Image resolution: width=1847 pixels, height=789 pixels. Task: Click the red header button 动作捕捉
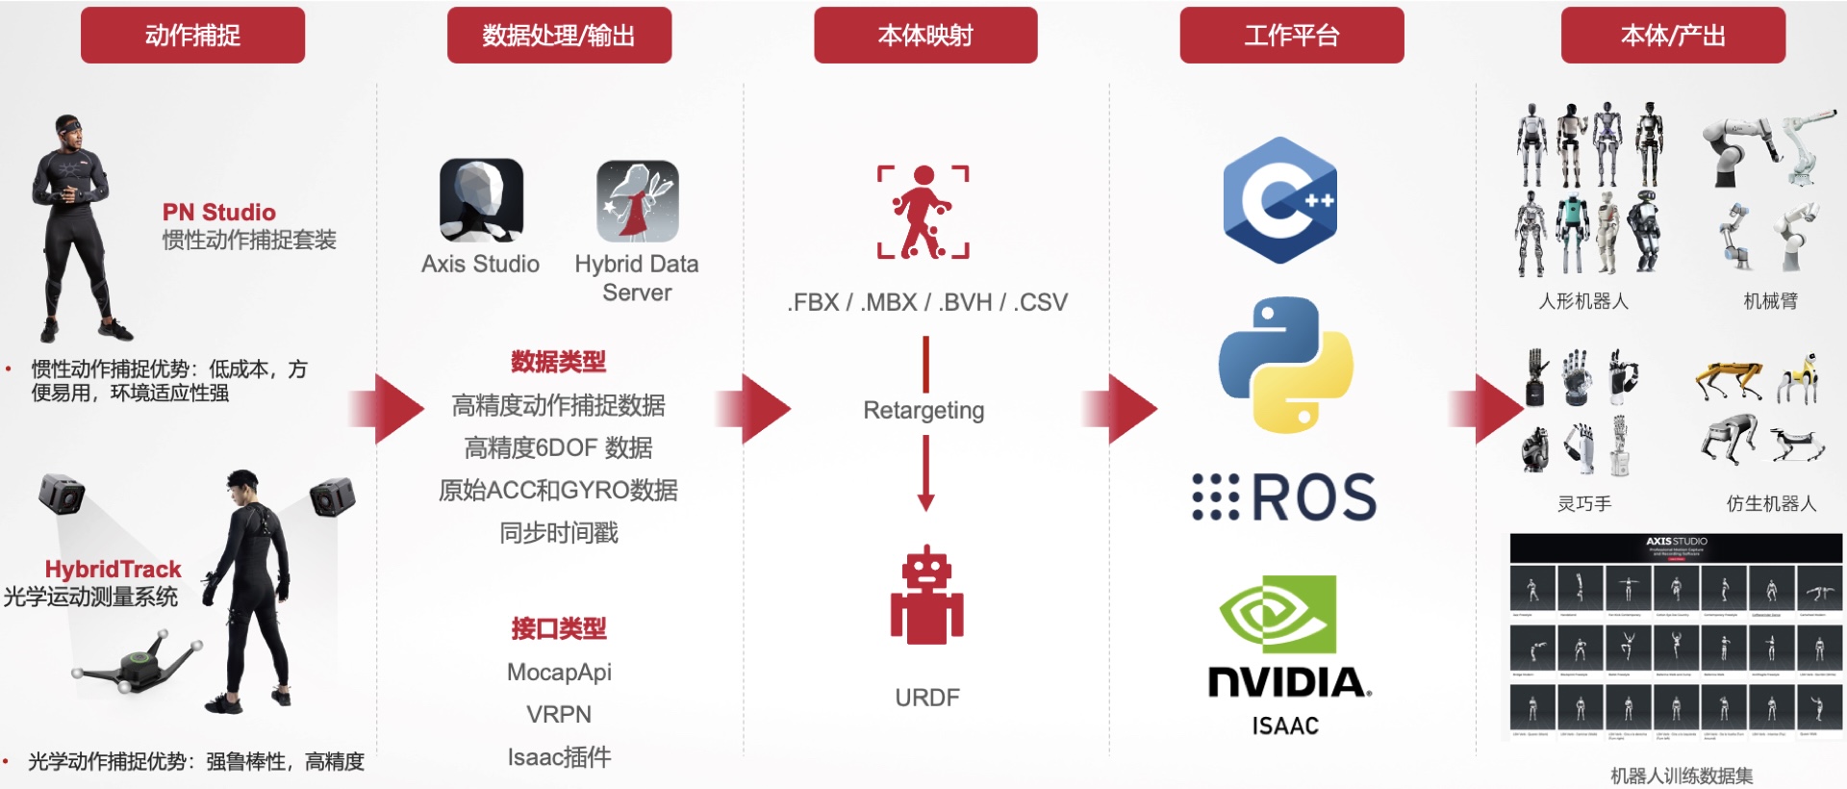[x=192, y=36]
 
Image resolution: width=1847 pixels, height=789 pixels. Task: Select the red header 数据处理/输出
[x=559, y=36]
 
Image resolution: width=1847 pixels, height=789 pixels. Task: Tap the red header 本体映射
[x=925, y=36]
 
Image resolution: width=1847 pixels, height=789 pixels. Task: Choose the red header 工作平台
[x=1292, y=36]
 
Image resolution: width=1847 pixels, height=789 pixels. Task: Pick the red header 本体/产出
[x=1673, y=36]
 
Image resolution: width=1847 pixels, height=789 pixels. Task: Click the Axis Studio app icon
[x=481, y=200]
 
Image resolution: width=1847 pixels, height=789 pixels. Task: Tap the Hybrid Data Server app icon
[x=637, y=200]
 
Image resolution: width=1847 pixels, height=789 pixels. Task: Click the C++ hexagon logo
[x=1280, y=200]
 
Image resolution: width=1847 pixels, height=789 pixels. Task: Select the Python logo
[x=1286, y=365]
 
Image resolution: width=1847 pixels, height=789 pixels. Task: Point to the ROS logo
[x=1284, y=497]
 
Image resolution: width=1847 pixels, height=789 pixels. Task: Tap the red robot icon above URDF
[x=926, y=596]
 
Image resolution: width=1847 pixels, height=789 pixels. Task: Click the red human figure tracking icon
[x=923, y=212]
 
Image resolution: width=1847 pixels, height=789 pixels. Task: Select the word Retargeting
[x=923, y=411]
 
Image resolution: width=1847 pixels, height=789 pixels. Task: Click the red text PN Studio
[x=218, y=212]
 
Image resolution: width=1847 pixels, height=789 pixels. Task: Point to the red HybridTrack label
[x=113, y=569]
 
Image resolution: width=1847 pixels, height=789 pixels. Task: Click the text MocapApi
[x=559, y=672]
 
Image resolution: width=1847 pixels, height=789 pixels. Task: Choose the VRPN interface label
[x=559, y=714]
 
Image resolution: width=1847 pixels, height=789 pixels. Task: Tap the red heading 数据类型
[x=558, y=362]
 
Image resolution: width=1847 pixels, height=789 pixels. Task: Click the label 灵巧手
[x=1584, y=503]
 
